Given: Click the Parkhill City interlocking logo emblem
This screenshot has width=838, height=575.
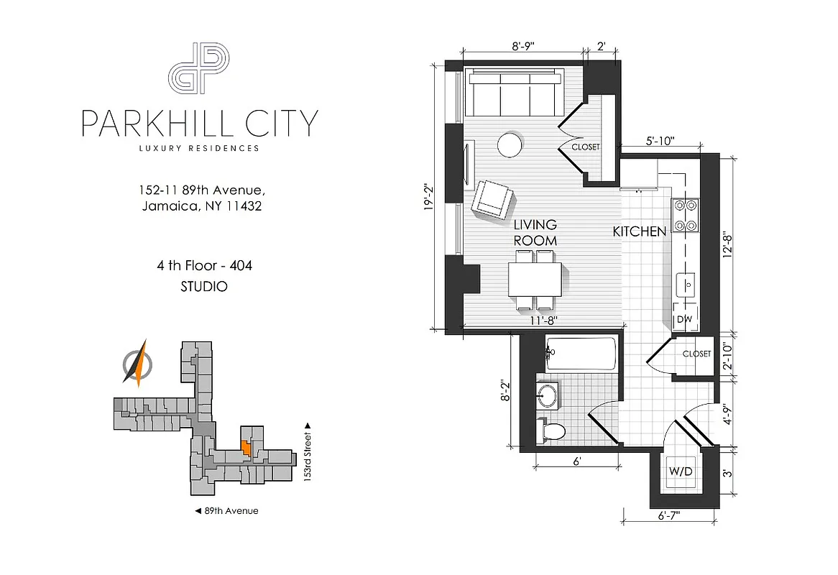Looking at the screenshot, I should (198, 68).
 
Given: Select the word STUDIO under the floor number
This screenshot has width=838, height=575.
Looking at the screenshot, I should (204, 286).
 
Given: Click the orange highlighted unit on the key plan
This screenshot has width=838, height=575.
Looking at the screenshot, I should (246, 448).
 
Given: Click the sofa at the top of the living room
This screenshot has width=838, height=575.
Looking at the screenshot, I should (514, 91).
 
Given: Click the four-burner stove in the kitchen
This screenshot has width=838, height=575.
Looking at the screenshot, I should (686, 215).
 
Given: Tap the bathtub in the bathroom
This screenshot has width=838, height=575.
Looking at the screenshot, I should (581, 354).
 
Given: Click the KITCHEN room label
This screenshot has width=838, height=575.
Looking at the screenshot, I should (639, 231).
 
